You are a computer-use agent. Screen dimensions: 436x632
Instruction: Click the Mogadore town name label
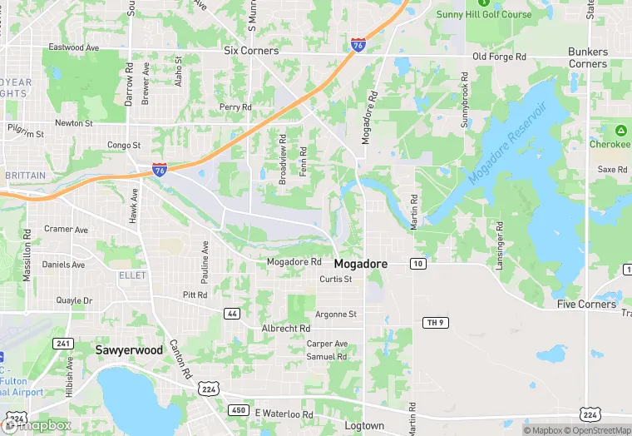pos(361,263)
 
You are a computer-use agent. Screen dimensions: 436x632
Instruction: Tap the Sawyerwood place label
pos(129,350)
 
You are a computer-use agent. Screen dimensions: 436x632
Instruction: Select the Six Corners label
pos(252,51)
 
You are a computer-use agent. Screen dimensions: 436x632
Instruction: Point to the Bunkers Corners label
pos(588,57)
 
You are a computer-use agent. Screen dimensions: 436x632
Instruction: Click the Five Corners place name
pos(586,305)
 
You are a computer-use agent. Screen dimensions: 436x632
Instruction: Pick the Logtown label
pos(364,426)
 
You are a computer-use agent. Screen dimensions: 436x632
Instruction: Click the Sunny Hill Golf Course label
pos(484,14)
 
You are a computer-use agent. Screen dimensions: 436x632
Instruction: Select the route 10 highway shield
pos(418,264)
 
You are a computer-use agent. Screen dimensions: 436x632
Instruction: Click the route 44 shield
pos(232,312)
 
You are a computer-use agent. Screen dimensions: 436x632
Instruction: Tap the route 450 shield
pos(239,410)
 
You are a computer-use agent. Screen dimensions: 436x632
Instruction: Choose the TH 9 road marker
pos(432,322)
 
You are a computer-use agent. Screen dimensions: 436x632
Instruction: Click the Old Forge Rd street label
pos(500,57)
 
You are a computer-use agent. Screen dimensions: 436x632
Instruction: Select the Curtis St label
pos(336,280)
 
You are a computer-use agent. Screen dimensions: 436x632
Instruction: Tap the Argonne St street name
pos(336,315)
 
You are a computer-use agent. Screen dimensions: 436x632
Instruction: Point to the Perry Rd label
pos(235,107)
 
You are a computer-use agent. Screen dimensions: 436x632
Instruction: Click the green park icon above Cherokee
pos(620,131)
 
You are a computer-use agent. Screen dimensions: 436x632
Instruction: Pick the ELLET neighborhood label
pos(133,275)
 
